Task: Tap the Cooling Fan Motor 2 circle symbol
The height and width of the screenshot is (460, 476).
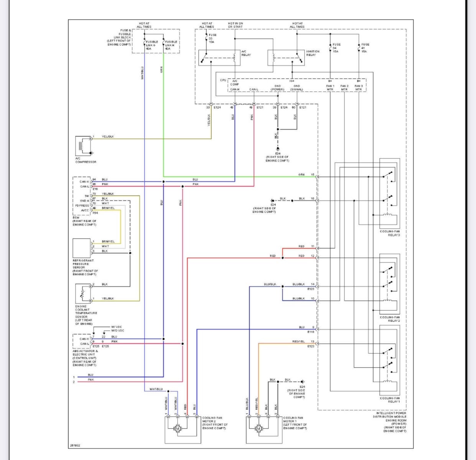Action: (x=177, y=428)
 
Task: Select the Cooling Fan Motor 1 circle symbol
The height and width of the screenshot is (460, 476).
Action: (x=258, y=428)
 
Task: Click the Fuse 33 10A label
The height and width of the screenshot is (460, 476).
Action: (x=212, y=38)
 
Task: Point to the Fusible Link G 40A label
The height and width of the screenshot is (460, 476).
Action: (x=152, y=45)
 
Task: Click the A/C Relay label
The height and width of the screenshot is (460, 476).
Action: (x=246, y=53)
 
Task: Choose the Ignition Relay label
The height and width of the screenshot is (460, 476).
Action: (x=313, y=53)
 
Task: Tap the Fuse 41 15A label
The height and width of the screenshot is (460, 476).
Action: (x=365, y=48)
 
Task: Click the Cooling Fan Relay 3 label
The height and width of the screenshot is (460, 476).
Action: (x=390, y=233)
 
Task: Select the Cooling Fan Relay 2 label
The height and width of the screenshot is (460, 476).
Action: (x=390, y=319)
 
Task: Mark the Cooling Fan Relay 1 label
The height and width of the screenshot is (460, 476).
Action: (x=390, y=400)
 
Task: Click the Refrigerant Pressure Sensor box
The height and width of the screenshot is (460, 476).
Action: (x=82, y=248)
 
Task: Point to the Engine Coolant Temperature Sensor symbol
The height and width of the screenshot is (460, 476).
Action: (x=83, y=293)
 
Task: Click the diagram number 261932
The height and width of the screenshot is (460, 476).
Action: (x=75, y=445)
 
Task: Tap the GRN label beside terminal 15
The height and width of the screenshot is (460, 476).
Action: (x=302, y=175)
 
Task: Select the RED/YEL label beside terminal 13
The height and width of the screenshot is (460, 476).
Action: (x=298, y=341)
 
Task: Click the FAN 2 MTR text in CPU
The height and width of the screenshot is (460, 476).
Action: (x=344, y=87)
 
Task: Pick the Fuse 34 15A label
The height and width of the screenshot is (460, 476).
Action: (x=336, y=48)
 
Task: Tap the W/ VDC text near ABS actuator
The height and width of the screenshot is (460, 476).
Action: (x=117, y=327)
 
